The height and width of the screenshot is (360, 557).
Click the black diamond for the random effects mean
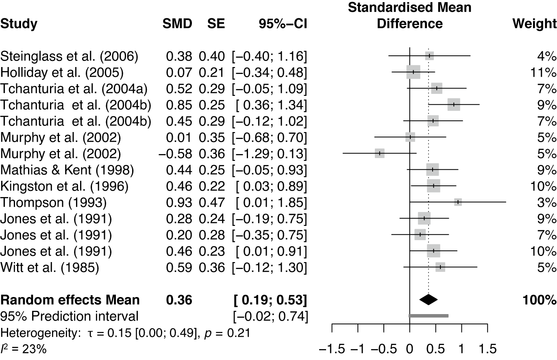428,300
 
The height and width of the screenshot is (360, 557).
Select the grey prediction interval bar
429,316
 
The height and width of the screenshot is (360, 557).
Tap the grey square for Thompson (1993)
458,202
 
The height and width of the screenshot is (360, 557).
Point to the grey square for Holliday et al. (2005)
413,72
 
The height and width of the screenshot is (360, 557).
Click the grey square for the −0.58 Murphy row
379,153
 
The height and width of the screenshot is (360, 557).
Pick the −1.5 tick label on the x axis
333,349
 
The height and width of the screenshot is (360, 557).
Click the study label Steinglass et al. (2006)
69,56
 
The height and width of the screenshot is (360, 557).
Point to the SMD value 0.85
179,105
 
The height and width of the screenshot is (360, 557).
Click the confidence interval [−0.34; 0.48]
269,72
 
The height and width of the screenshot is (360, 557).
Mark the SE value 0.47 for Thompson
211,202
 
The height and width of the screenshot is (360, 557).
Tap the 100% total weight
538,300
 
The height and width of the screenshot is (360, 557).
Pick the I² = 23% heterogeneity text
23,348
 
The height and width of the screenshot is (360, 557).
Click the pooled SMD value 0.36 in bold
179,300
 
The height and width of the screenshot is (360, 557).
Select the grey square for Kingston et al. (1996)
433,186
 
